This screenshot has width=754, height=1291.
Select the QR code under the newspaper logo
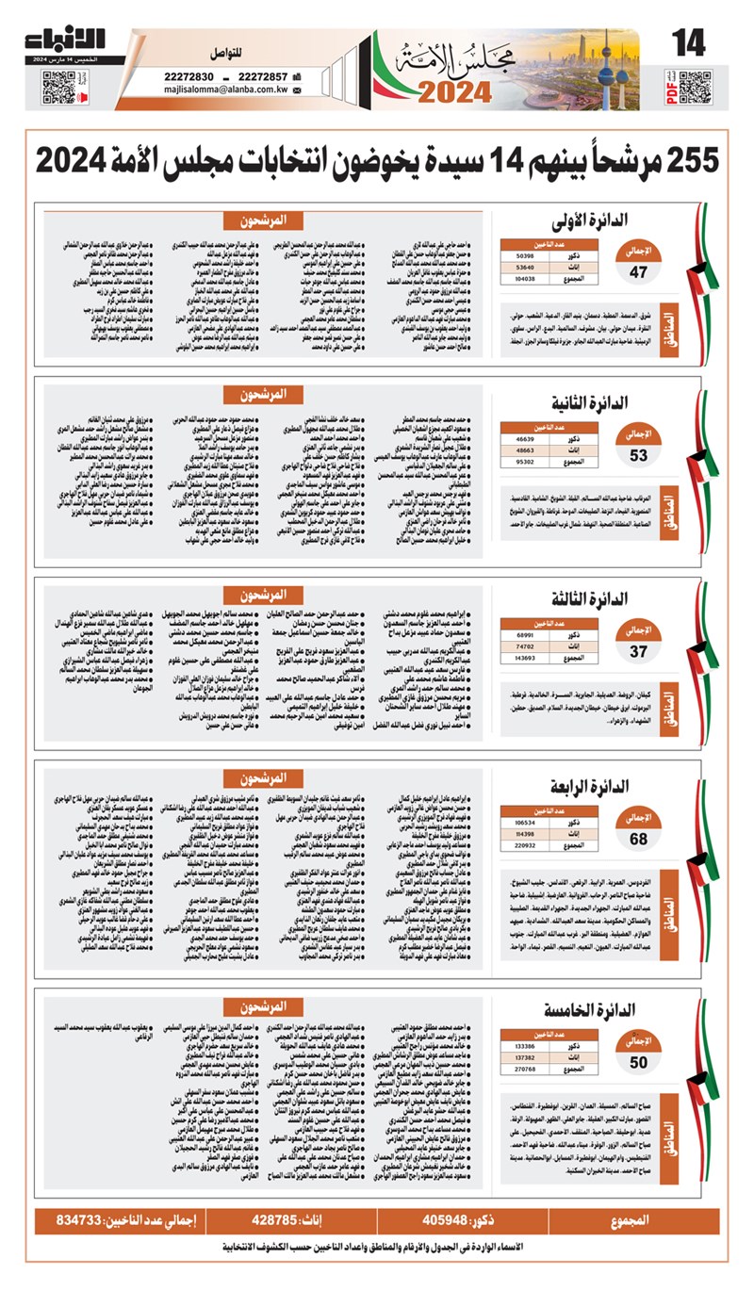pos(58,87)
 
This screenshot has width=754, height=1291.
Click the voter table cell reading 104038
pos(525,279)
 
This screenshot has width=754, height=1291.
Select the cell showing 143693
pos(525,656)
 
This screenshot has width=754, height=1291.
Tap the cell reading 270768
pos(525,1069)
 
